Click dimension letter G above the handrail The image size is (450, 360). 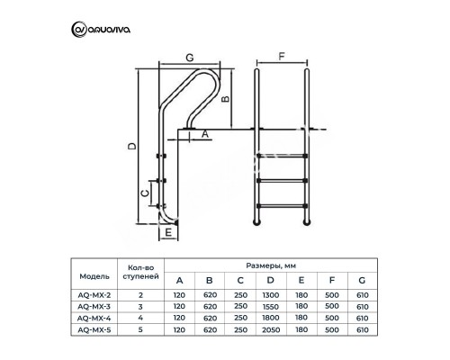tap(189, 58)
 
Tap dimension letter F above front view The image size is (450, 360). tap(283, 55)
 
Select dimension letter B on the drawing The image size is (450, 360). tap(227, 101)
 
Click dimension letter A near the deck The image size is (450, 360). tap(204, 133)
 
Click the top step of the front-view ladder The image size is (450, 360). tap(283, 154)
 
